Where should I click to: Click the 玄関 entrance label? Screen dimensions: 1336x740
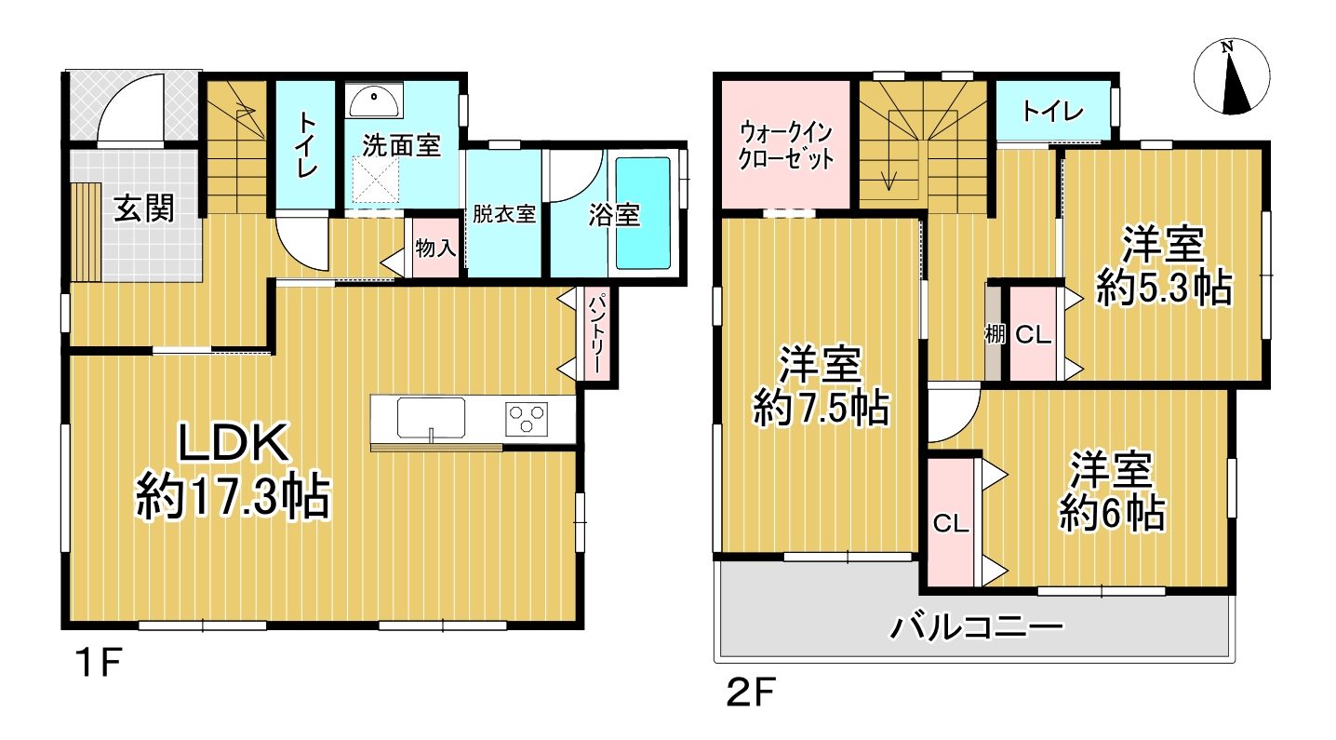pyautogui.click(x=143, y=209)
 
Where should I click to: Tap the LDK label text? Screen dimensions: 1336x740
pyautogui.click(x=234, y=443)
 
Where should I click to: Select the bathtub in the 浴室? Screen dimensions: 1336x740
pyautogui.click(x=643, y=213)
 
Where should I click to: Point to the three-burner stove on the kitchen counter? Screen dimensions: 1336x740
pyautogui.click(x=526, y=417)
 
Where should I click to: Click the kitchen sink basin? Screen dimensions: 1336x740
pyautogui.click(x=431, y=418)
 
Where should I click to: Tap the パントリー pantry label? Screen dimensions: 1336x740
pyautogui.click(x=597, y=333)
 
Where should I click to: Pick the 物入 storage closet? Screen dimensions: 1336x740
pyautogui.click(x=436, y=248)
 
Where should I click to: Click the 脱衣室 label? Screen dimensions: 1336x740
pyautogui.click(x=504, y=214)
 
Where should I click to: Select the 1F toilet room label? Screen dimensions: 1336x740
pyautogui.click(x=307, y=145)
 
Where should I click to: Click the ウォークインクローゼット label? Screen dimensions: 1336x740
pyautogui.click(x=785, y=145)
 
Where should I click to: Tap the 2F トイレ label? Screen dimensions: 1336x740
pyautogui.click(x=1052, y=112)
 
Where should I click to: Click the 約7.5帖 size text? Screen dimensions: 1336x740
pyautogui.click(x=822, y=409)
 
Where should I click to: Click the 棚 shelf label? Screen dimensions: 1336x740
pyautogui.click(x=995, y=334)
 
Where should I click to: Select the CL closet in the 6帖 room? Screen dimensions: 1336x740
pyautogui.click(x=951, y=523)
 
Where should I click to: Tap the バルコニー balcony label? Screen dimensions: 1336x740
pyautogui.click(x=977, y=627)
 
